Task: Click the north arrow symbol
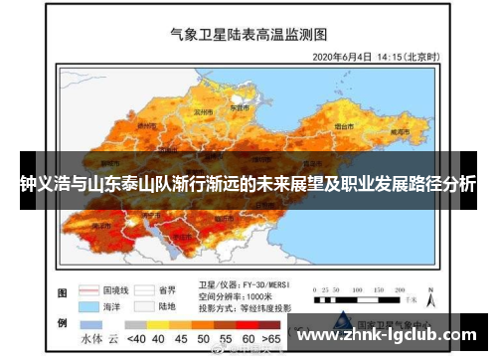click(x=429, y=290)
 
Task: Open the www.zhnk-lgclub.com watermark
click(x=390, y=333)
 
